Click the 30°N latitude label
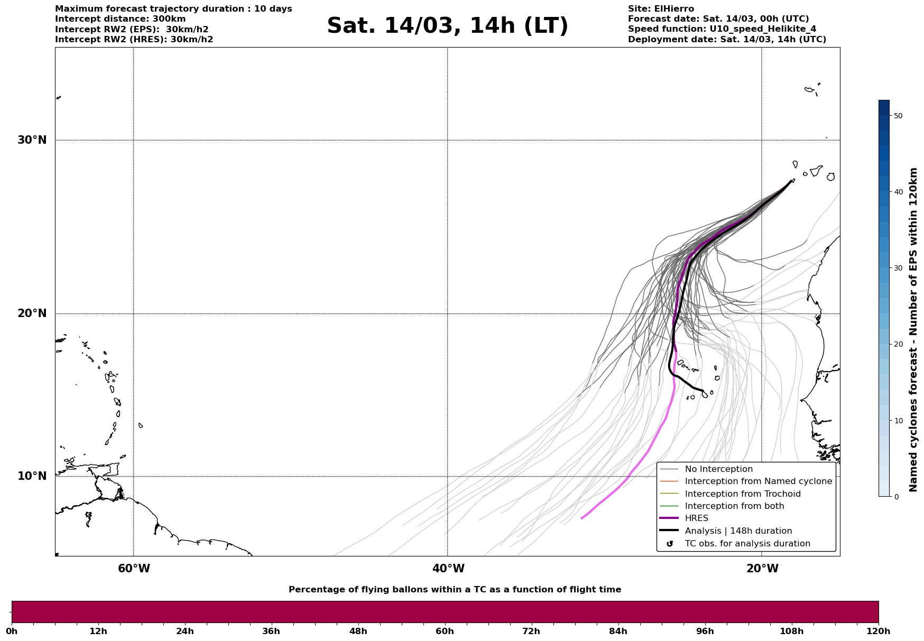pos(32,140)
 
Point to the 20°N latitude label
pos(32,313)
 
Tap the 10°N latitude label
pos(32,476)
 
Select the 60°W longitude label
pos(134,569)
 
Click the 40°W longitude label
pos(448,569)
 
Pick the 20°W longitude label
pos(762,569)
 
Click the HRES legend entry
pos(696,518)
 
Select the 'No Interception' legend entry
pos(718,469)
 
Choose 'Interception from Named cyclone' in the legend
pos(758,481)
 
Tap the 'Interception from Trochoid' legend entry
pos(742,494)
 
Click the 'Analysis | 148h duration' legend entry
pos(738,531)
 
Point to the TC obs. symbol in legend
pos(670,544)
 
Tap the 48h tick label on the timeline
pos(358,631)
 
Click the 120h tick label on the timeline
pos(879,631)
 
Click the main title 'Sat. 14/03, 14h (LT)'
pos(447,26)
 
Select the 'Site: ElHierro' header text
pos(661,9)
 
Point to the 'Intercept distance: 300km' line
pos(120,19)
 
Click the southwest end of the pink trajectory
pos(582,518)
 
